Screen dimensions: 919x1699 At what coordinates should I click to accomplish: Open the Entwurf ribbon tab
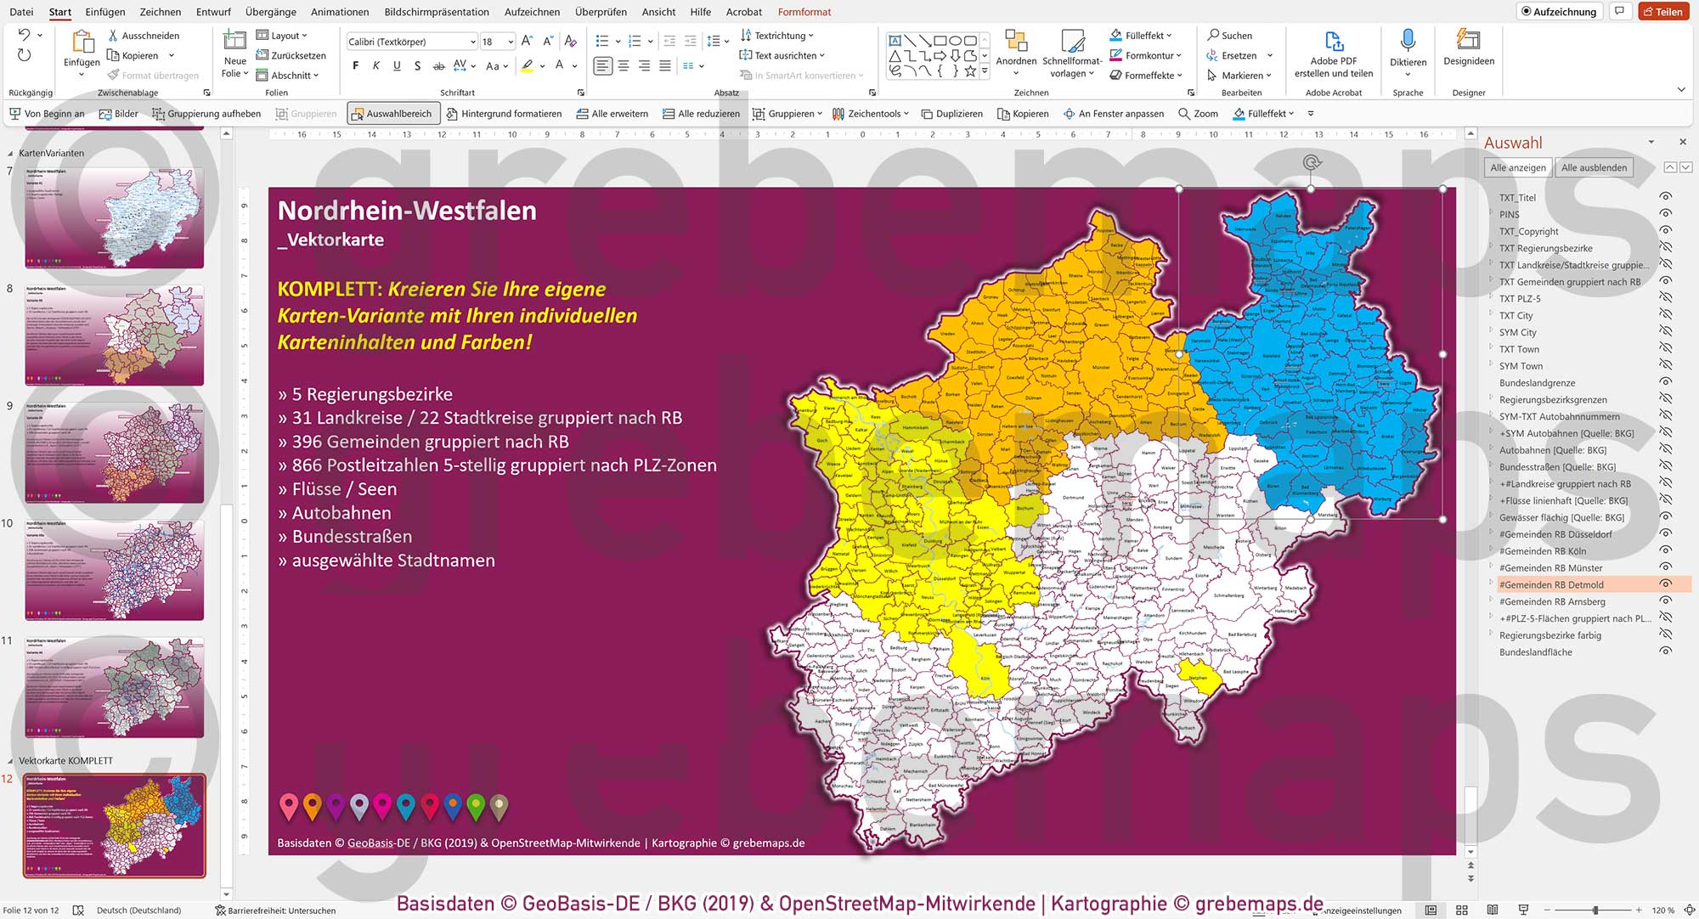pos(213,12)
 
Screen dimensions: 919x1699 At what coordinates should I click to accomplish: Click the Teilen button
pos(1662,12)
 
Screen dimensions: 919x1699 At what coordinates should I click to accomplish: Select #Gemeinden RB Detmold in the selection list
pos(1550,584)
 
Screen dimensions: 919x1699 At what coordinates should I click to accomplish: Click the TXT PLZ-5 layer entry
pos(1519,298)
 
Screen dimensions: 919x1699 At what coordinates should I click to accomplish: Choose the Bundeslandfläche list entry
pos(1535,651)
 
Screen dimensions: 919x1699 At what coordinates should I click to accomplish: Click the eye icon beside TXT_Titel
pos(1665,197)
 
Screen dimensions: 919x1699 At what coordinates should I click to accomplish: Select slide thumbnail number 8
pos(114,335)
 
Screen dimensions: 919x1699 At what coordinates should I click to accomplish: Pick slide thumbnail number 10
pos(114,570)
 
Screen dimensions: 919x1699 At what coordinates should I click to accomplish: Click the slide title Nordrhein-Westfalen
pos(407,211)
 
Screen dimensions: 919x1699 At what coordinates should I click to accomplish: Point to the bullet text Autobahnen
pos(341,513)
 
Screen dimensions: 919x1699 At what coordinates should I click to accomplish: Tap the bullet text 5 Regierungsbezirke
pos(371,394)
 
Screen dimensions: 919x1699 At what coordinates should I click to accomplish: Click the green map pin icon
pos(476,806)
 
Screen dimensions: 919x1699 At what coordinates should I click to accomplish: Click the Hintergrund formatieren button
pos(503,114)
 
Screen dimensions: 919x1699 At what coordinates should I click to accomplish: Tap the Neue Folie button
pos(234,53)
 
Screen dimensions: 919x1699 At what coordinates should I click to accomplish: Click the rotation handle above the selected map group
pos(1312,162)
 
